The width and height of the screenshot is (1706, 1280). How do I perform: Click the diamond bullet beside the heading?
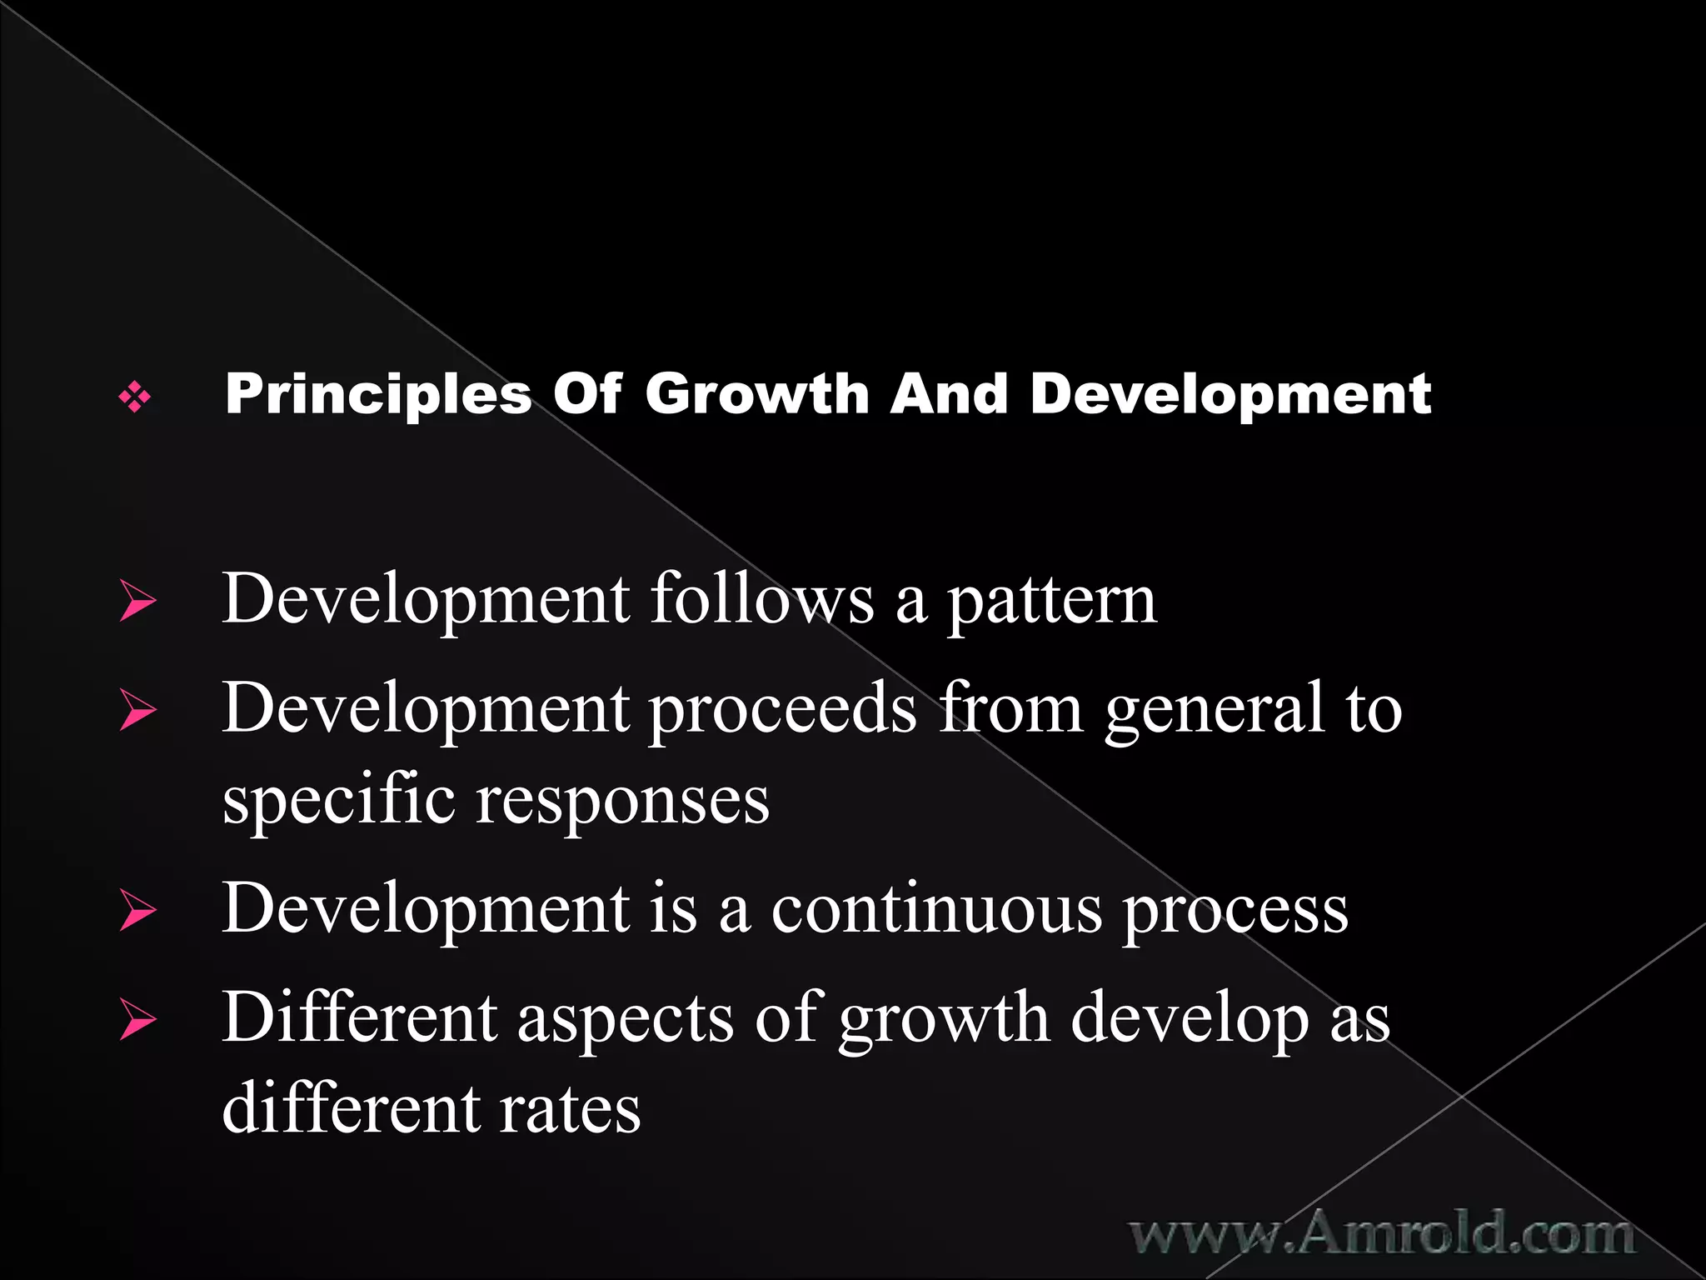click(135, 397)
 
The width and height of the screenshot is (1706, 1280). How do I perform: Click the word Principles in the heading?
click(377, 394)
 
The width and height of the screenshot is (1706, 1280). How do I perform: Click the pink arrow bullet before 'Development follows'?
click(137, 601)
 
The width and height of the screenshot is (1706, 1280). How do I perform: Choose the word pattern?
click(1051, 602)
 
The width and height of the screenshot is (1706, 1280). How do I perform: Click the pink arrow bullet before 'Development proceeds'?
click(137, 710)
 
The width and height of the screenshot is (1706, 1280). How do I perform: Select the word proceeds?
click(782, 709)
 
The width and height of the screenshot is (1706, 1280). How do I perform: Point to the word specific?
click(338, 801)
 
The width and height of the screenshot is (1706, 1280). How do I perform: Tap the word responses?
click(622, 802)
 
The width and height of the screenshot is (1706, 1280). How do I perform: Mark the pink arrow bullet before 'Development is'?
click(137, 910)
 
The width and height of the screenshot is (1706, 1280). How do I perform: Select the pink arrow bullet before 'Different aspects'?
click(137, 1019)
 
